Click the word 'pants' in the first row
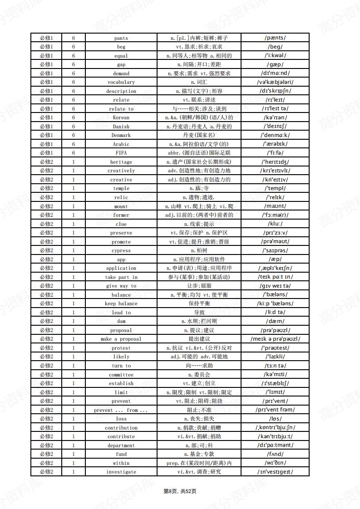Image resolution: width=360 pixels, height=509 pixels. [121, 38]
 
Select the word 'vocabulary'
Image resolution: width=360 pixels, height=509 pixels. [121, 82]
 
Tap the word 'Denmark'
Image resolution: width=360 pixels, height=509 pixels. [121, 135]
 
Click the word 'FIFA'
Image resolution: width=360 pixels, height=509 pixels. [121, 153]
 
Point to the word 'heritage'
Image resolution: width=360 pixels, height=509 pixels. [121, 162]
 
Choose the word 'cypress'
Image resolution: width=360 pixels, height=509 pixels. [121, 250]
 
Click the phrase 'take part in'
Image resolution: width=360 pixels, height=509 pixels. [121, 277]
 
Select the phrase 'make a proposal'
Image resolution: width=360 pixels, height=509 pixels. [121, 339]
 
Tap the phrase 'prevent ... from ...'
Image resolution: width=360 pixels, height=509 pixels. [121, 410]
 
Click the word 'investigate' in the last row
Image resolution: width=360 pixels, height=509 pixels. [121, 472]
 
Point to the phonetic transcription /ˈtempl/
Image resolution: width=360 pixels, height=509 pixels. [275, 188]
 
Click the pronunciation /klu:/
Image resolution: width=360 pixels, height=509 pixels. [275, 224]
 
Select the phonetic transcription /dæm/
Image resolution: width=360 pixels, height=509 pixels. [275, 321]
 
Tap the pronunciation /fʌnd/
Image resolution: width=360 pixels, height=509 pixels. [275, 454]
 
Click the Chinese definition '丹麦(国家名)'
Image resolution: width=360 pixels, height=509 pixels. [199, 135]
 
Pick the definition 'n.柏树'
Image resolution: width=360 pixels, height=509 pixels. [199, 250]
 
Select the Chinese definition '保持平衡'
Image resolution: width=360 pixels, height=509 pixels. [199, 303]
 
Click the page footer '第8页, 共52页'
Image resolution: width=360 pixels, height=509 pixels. [180, 491]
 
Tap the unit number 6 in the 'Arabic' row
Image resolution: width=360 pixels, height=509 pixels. [73, 144]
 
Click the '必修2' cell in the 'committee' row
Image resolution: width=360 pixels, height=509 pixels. [46, 375]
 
